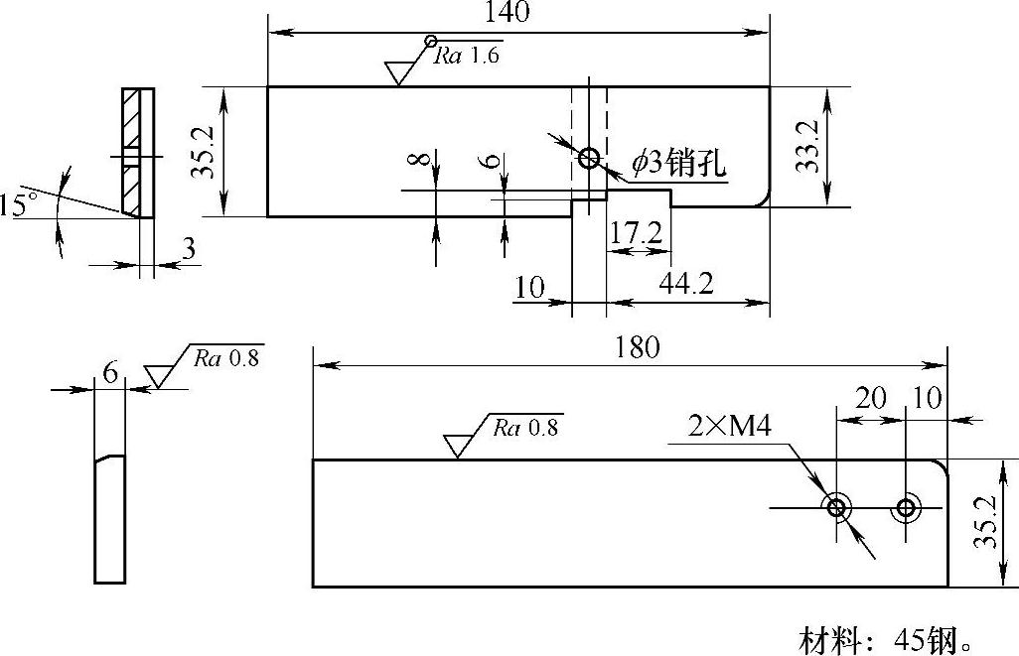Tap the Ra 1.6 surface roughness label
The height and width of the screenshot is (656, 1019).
tap(467, 56)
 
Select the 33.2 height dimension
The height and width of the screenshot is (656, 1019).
tap(808, 147)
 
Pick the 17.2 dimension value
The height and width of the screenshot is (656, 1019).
tap(637, 235)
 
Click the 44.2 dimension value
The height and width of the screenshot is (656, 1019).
tap(686, 285)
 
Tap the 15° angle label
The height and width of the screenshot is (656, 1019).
tap(18, 206)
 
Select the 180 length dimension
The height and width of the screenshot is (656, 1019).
tap(637, 348)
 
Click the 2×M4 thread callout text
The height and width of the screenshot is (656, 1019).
tap(730, 427)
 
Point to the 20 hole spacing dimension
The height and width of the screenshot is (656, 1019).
tap(871, 398)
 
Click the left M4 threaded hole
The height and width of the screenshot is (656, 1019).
tap(837, 508)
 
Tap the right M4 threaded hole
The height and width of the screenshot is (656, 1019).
tap(906, 508)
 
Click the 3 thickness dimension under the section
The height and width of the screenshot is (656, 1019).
tap(189, 250)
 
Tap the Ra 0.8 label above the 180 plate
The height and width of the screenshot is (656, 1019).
tap(526, 428)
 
